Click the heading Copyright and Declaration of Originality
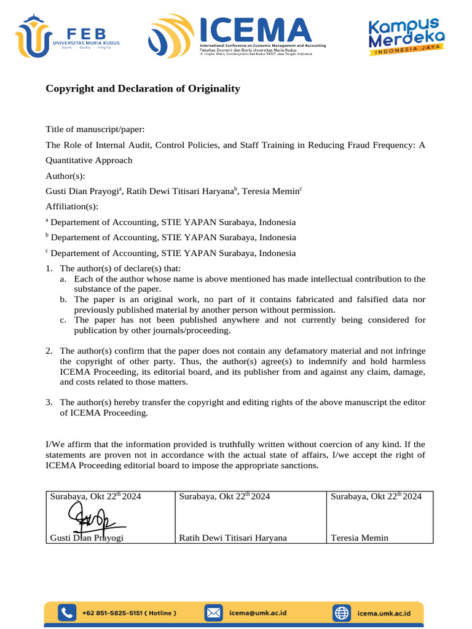(x=143, y=88)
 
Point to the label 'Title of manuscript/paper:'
(x=95, y=129)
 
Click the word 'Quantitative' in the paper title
(x=71, y=160)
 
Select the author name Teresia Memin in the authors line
(x=270, y=192)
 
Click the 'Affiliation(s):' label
(x=72, y=206)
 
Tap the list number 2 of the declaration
(x=49, y=351)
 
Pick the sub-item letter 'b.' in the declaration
(x=63, y=299)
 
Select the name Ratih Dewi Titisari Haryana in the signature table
(x=233, y=538)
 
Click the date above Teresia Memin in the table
(x=376, y=496)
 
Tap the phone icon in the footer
(x=66, y=612)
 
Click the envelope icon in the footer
(x=213, y=612)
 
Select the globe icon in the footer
(x=341, y=612)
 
